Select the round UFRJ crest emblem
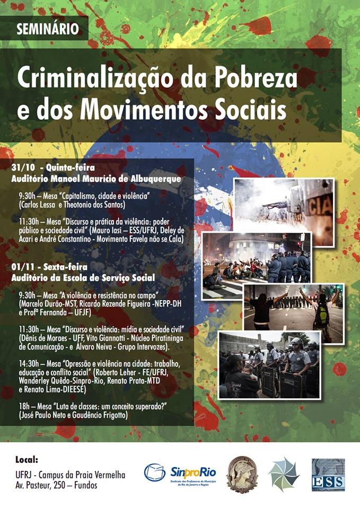point(242,473)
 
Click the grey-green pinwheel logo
point(284,473)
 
